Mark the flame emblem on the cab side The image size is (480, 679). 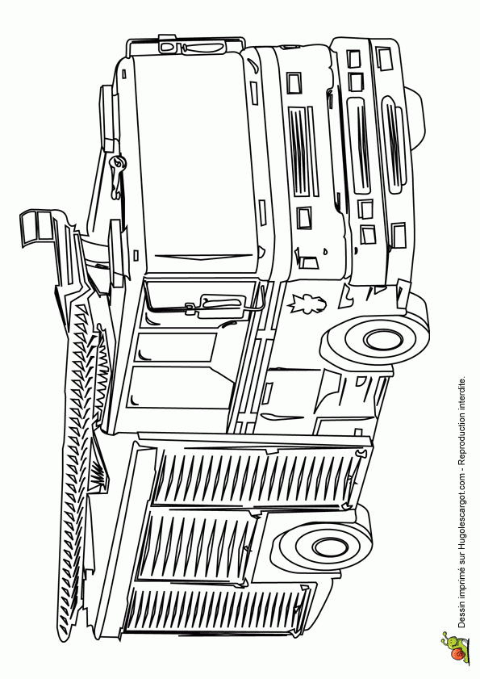point(307,302)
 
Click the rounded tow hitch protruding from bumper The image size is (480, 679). point(414,117)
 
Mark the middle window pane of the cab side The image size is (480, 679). point(177,347)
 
